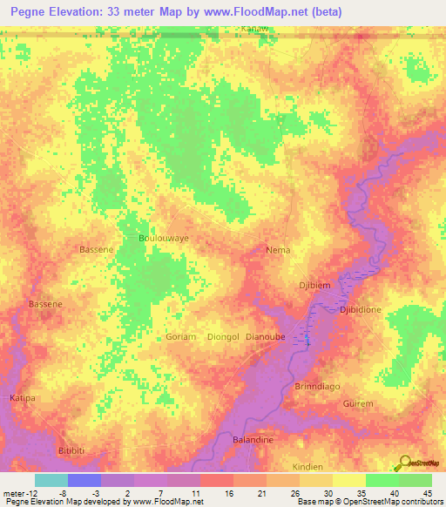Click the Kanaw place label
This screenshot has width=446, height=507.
(253, 29)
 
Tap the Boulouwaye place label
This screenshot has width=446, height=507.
(164, 237)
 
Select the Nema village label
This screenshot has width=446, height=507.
(278, 249)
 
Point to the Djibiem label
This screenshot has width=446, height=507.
(316, 283)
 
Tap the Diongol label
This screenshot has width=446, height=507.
(224, 336)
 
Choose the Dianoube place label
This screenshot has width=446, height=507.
(267, 336)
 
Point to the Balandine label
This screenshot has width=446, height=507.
(253, 440)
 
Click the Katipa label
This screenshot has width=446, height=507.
(23, 397)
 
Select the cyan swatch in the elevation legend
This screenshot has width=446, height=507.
(51, 479)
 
